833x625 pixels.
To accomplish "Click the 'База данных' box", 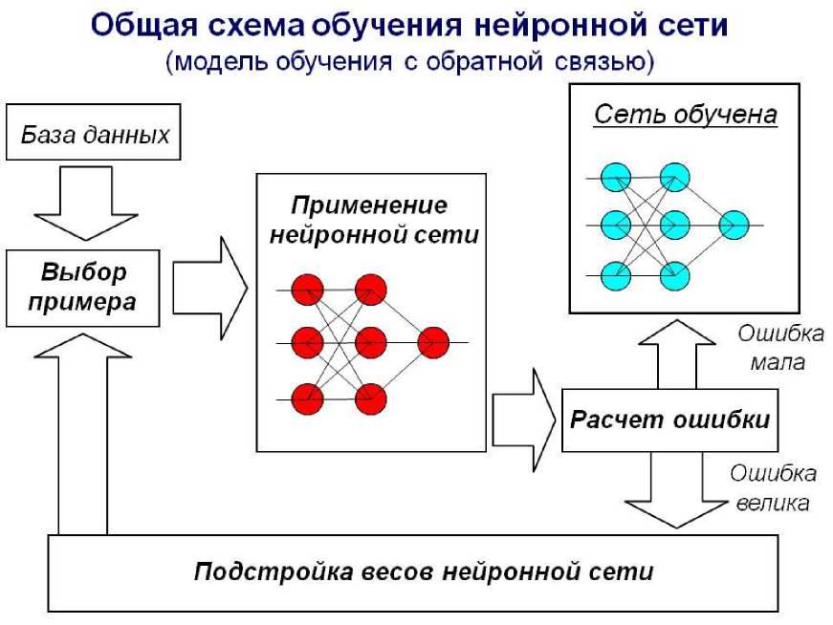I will (x=94, y=135).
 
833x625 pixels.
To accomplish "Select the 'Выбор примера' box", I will (x=83, y=288).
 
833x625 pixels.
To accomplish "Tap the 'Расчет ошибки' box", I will (x=669, y=420).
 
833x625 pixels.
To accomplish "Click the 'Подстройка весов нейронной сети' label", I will (x=424, y=571).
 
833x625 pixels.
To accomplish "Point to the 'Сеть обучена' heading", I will (x=685, y=116).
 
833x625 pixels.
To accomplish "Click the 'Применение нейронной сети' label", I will (x=371, y=221).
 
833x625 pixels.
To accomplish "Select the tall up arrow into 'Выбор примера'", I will (x=83, y=430).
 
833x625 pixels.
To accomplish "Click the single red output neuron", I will (x=432, y=342).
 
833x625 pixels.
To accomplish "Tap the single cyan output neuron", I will (x=734, y=226).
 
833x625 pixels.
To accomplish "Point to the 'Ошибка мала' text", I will (x=779, y=348).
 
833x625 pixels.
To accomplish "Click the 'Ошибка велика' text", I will (x=773, y=487).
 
